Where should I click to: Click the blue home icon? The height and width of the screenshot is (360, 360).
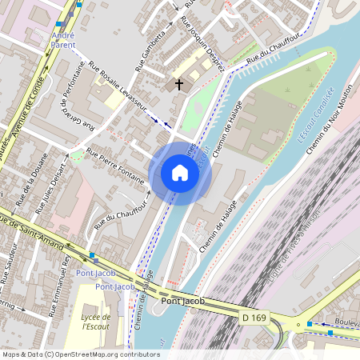pos(180,173)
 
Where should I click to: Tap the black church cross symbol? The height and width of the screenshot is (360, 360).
pos(178,83)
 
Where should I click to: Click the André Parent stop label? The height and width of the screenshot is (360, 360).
pos(63,40)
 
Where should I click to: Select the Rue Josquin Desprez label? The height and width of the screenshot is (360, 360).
pos(206,38)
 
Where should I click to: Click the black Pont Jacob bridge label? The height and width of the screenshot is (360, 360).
pos(182,301)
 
